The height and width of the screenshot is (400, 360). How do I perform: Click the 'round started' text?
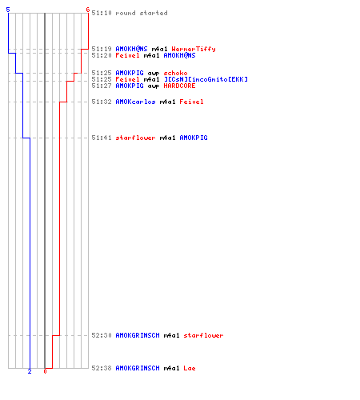142,13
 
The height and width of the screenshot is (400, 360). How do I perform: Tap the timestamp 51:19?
102,49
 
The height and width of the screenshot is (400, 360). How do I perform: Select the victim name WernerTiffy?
194,49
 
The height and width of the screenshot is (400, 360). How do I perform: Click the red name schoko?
175,73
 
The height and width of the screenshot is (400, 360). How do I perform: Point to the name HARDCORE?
179,86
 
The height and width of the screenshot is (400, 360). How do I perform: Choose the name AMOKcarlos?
135,102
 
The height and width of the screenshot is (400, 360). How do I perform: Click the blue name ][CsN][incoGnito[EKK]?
206,79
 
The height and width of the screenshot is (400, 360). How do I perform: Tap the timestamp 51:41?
102,138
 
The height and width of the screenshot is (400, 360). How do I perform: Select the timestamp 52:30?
102,335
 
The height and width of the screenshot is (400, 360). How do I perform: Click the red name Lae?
190,368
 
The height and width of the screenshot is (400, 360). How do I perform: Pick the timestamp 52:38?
102,368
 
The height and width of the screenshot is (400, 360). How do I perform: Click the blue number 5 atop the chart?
8,10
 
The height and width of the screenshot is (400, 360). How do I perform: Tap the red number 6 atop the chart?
88,10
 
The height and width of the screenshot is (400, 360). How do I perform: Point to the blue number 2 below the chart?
30,371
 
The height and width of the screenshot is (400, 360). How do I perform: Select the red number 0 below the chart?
45,371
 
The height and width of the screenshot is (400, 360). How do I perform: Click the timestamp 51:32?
102,102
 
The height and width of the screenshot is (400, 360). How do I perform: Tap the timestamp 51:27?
102,86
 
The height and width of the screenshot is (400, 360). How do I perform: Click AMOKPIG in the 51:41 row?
194,138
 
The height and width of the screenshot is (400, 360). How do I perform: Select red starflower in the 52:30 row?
203,335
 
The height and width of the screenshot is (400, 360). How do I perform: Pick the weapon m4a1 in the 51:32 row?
167,102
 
